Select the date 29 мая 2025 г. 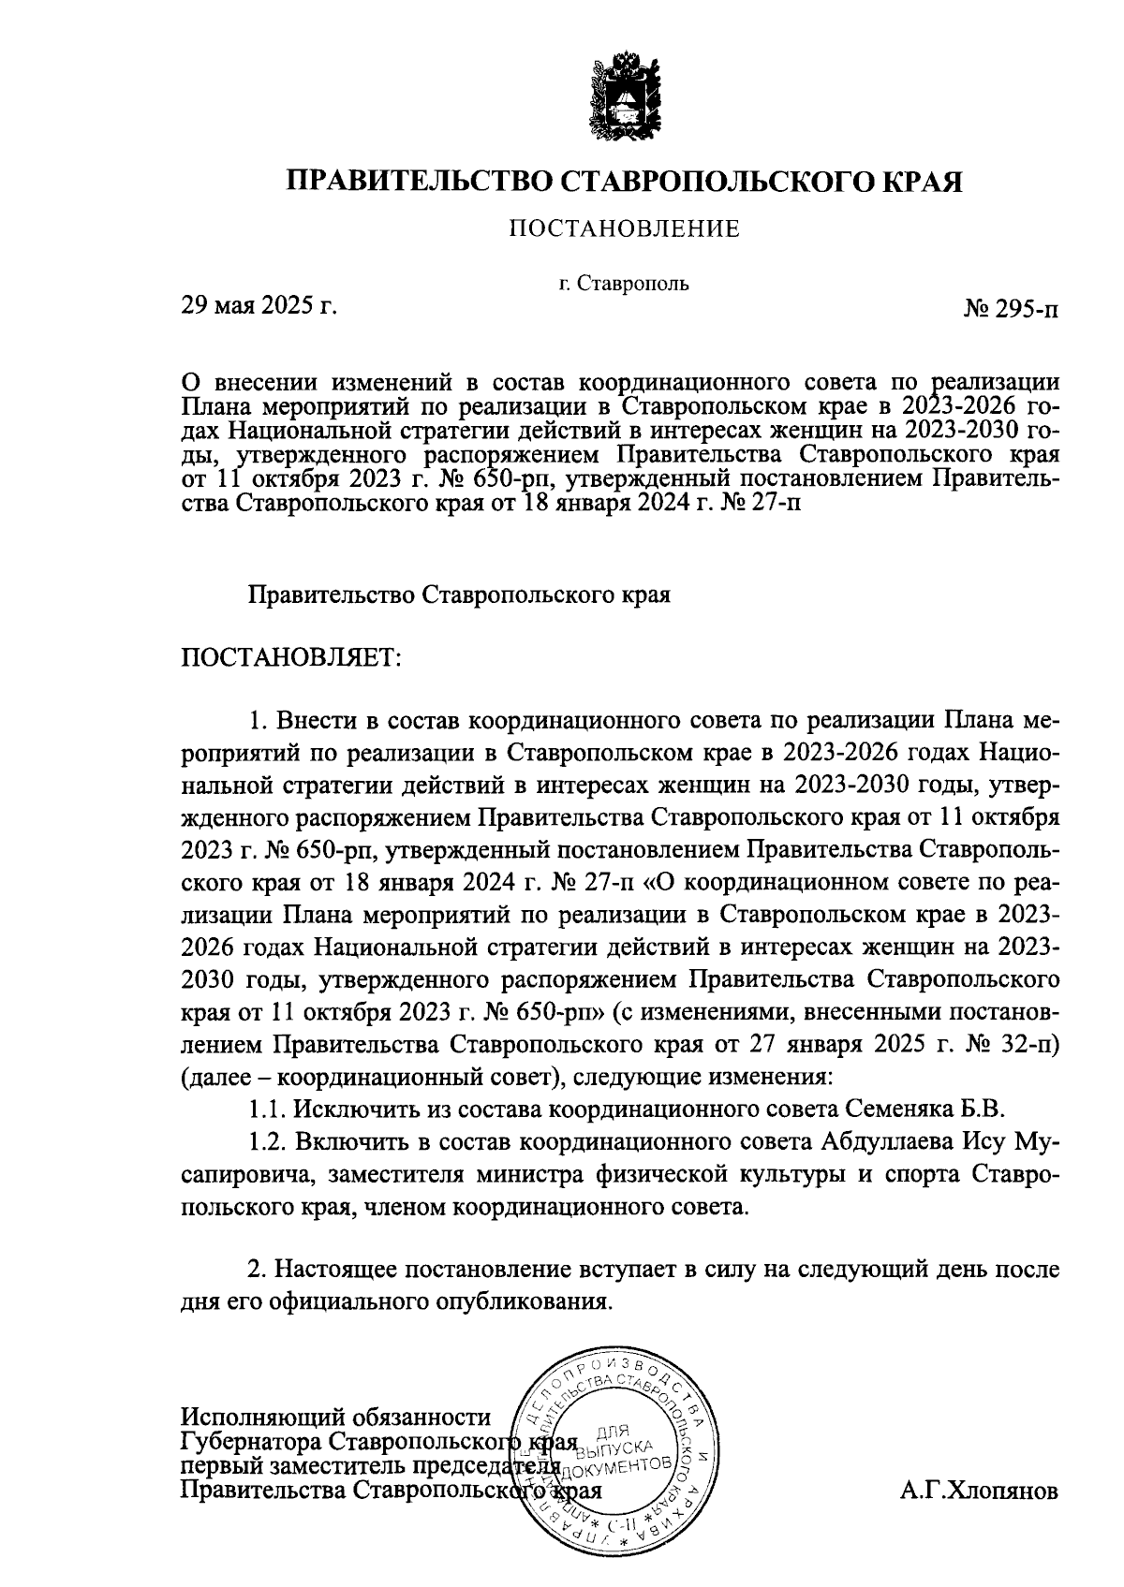[259, 305]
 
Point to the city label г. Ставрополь [624, 283]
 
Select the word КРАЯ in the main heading [921, 181]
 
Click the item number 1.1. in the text [268, 1109]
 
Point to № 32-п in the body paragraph [1017, 1044]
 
